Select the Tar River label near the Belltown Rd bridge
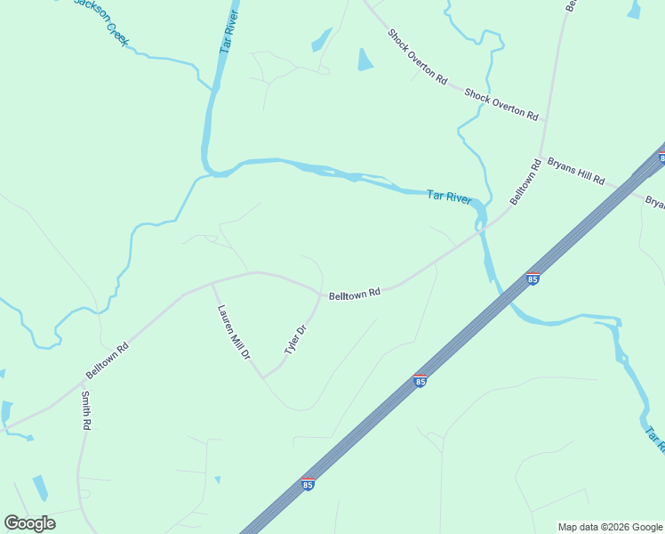click(x=448, y=197)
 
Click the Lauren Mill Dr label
click(x=234, y=332)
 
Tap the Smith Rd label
click(x=87, y=411)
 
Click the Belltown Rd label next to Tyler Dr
click(x=355, y=293)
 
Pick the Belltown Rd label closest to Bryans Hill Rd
click(x=525, y=182)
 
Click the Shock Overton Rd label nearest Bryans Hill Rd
click(x=501, y=104)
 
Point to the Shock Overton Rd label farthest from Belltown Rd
click(x=417, y=55)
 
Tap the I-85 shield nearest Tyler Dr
click(x=421, y=381)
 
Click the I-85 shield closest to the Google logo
click(x=308, y=484)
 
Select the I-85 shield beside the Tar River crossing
click(x=533, y=279)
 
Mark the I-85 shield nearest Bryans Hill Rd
click(x=661, y=158)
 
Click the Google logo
click(x=29, y=523)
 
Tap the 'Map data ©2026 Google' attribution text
click(x=611, y=527)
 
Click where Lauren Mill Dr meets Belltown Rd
click(x=212, y=283)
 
